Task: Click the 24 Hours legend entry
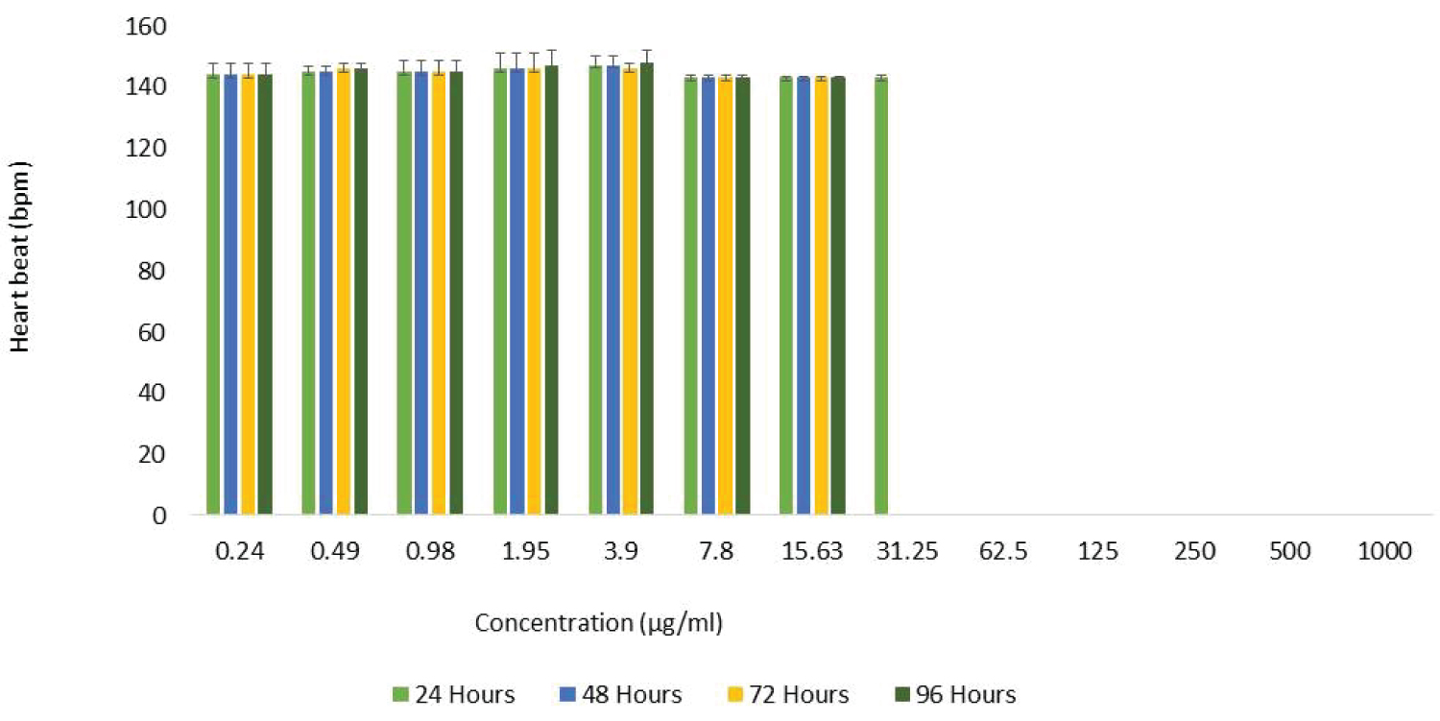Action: point(454,694)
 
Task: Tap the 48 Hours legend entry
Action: point(620,694)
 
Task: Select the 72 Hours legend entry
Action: point(787,694)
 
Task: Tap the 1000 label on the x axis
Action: point(1385,552)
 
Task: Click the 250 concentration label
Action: point(1195,552)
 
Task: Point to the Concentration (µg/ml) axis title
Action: point(598,623)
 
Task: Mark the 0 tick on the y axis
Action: point(160,516)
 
